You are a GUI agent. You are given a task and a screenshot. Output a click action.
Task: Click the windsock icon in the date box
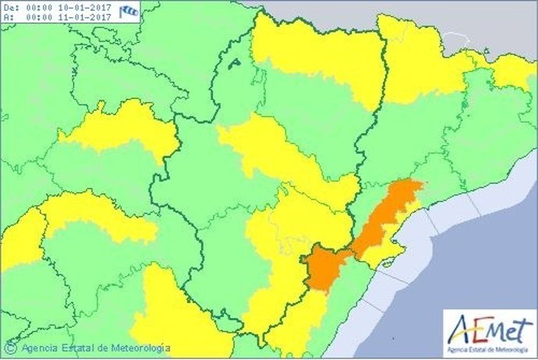[130, 10]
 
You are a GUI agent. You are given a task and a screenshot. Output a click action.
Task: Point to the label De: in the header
[10, 6]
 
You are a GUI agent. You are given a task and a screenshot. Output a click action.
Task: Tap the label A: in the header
[8, 16]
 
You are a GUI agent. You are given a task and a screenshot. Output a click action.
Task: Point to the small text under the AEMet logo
[489, 347]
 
